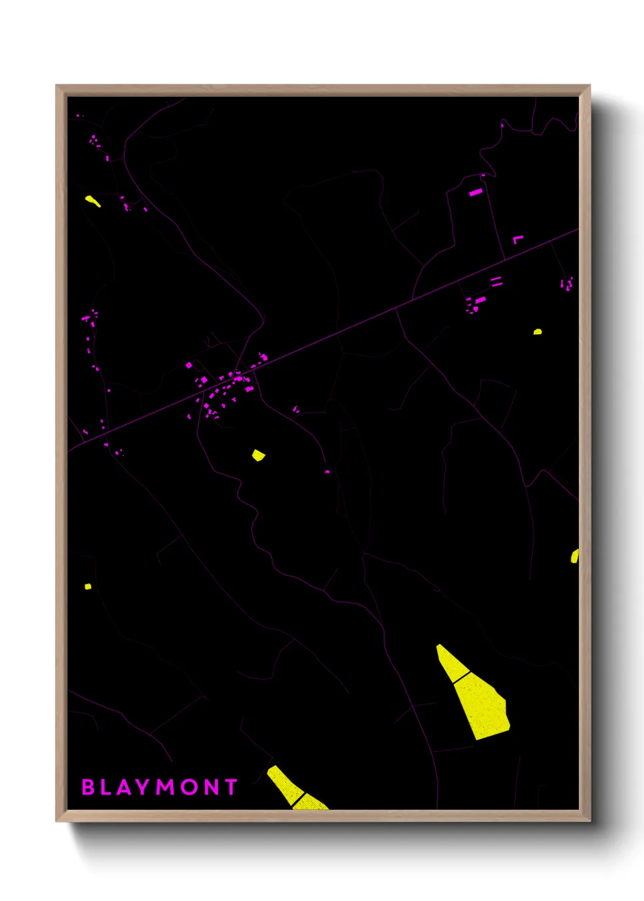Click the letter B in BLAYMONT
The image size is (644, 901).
pyautogui.click(x=88, y=787)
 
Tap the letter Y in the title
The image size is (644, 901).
pyautogui.click(x=142, y=787)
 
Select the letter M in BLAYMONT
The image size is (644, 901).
pyautogui.click(x=166, y=787)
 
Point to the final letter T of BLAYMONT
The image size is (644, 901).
pyautogui.click(x=231, y=787)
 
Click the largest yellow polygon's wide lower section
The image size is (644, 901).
pyautogui.click(x=484, y=706)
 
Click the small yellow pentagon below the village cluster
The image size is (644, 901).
pyautogui.click(x=258, y=455)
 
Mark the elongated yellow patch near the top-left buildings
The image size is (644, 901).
pyautogui.click(x=93, y=200)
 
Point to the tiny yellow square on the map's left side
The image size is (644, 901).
pyautogui.click(x=88, y=586)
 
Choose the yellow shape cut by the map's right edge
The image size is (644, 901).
pyautogui.click(x=575, y=556)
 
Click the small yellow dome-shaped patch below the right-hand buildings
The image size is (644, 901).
pyautogui.click(x=537, y=332)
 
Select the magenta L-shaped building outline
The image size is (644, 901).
pyautogui.click(x=517, y=239)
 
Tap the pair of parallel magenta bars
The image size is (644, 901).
pyautogui.click(x=497, y=281)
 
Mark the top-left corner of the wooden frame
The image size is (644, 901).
pyautogui.click(x=57, y=86)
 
